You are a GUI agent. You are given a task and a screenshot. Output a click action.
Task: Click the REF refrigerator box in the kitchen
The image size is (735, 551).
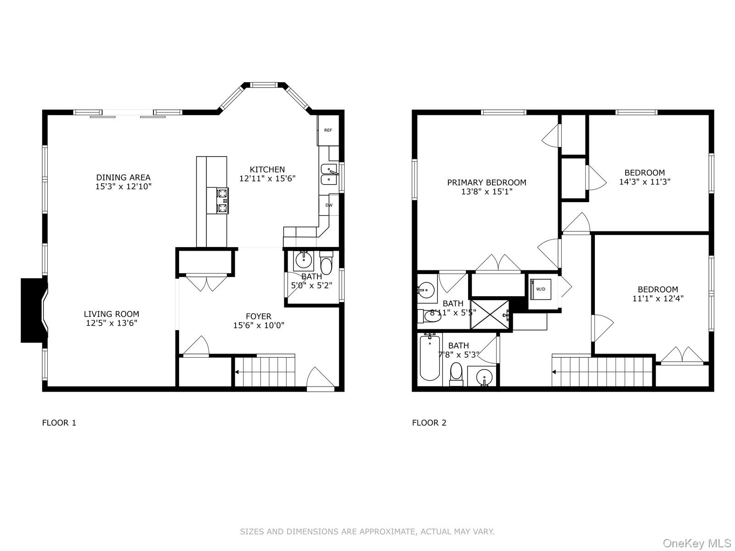pos(328,130)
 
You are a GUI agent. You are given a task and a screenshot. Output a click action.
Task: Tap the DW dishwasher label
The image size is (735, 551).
pos(329,205)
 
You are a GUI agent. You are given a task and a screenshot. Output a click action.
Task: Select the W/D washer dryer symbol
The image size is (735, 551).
pos(540,289)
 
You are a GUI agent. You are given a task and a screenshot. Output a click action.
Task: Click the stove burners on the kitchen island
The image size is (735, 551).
pos(223,201)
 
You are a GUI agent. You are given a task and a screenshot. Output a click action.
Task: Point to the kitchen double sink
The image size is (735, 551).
pos(329,174)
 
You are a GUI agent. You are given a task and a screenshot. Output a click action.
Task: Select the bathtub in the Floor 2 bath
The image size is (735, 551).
pos(430,358)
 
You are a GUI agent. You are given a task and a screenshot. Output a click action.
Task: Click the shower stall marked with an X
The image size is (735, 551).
pos(490,315)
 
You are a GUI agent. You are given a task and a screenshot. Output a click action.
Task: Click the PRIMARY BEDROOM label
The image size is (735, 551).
pos(486,182)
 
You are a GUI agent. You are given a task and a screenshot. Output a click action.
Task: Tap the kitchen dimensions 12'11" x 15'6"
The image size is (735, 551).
pos(267,179)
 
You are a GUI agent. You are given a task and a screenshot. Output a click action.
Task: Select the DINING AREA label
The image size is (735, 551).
pos(123,177)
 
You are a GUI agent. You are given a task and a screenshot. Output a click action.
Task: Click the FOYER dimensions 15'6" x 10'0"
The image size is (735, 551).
pos(259,326)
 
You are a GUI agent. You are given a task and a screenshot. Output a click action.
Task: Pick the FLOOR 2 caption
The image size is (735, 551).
pos(429,423)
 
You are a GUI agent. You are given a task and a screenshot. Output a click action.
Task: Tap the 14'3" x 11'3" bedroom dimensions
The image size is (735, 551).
pos(645,181)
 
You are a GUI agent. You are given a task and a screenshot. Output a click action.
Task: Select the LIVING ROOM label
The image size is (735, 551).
pos(111,314)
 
